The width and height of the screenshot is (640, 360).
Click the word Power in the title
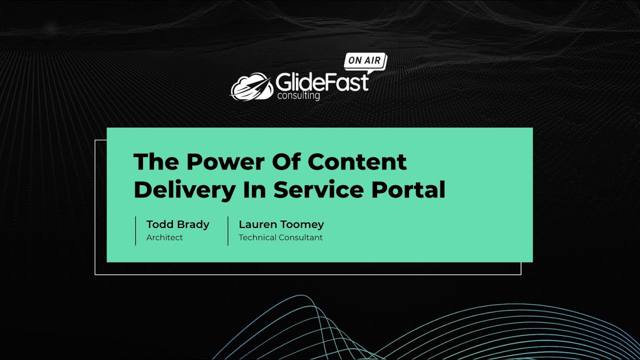223,162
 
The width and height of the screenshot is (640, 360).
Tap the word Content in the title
357,162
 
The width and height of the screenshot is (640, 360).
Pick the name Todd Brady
177,224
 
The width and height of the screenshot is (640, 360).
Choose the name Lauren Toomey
281,224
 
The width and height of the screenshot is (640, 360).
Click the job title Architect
164,237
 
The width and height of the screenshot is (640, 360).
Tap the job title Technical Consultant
280,237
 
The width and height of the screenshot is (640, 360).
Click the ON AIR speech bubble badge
364,61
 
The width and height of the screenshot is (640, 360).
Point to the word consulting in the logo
298,95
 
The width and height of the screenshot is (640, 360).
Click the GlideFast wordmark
322,82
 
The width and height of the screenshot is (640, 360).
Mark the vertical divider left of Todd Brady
135,230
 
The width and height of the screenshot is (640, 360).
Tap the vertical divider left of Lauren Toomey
228,230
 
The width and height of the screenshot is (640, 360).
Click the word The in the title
155,162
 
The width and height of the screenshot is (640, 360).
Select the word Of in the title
285,162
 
